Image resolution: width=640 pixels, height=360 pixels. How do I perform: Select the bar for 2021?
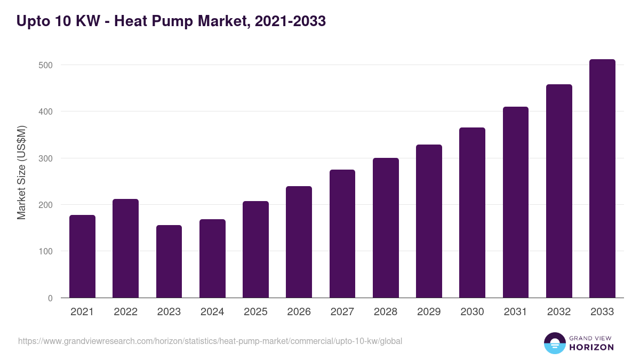pyautogui.click(x=82, y=257)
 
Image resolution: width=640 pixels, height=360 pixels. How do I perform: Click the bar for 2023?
pyautogui.click(x=169, y=261)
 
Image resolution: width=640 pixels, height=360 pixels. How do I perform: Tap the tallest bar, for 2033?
pyautogui.click(x=602, y=179)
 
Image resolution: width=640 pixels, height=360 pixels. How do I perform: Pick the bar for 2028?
pyautogui.click(x=386, y=228)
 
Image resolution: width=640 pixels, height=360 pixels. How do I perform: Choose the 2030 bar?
pyautogui.click(x=472, y=213)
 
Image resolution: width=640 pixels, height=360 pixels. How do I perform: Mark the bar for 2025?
pyautogui.click(x=255, y=250)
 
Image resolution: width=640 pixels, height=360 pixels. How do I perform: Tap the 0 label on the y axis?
pyautogui.click(x=50, y=298)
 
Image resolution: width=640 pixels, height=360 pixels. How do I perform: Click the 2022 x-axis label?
pyautogui.click(x=125, y=312)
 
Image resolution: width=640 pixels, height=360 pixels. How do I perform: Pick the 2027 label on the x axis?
pyautogui.click(x=342, y=312)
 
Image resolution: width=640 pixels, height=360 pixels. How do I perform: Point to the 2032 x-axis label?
pyautogui.click(x=559, y=312)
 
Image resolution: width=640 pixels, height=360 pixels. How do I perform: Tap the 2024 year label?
pyautogui.click(x=212, y=312)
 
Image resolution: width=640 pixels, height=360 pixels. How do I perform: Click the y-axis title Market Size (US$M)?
pyautogui.click(x=21, y=172)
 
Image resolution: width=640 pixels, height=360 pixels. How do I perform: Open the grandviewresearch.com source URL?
pyautogui.click(x=210, y=341)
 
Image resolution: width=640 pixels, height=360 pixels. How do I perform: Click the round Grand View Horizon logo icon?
pyautogui.click(x=554, y=343)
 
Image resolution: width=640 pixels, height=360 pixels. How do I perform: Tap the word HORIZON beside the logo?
pyautogui.click(x=591, y=347)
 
